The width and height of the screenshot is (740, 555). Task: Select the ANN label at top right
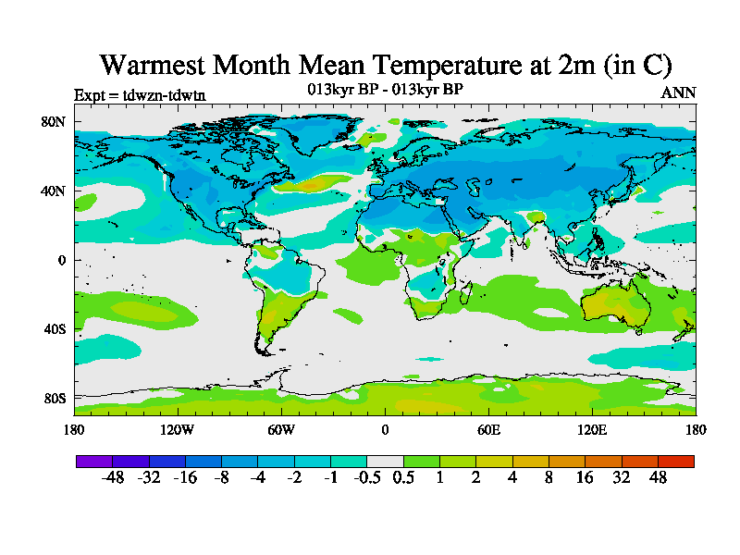click(x=678, y=92)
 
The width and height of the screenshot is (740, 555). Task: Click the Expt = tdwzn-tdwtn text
click(x=139, y=94)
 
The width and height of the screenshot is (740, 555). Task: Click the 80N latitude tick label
click(x=53, y=122)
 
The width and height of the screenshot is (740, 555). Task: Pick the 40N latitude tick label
click(x=53, y=191)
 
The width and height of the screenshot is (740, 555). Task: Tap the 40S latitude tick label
click(x=53, y=329)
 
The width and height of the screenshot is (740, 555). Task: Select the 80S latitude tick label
click(x=53, y=398)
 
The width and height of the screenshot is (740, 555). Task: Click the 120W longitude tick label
click(x=178, y=429)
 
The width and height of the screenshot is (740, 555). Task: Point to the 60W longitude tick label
click(x=281, y=429)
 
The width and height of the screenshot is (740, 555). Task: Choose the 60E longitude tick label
click(x=488, y=429)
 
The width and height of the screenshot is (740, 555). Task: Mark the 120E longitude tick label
click(x=592, y=429)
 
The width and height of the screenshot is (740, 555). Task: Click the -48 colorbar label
click(x=113, y=478)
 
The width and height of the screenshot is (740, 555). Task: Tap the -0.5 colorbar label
click(x=368, y=478)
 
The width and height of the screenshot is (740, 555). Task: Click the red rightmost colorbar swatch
click(x=676, y=461)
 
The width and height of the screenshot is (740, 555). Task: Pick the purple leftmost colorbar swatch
click(x=94, y=461)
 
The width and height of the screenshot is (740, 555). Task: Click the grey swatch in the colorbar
click(x=385, y=461)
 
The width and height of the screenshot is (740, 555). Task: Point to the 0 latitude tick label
click(x=61, y=260)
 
